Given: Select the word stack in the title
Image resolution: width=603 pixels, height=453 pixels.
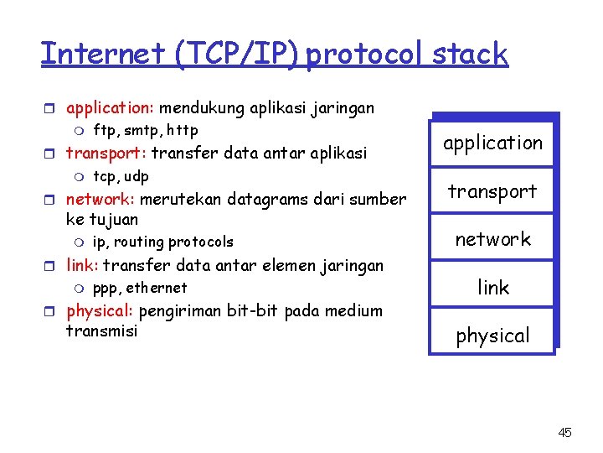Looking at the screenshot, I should click(x=470, y=54).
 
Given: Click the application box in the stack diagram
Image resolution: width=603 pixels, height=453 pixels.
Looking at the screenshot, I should click(x=492, y=143).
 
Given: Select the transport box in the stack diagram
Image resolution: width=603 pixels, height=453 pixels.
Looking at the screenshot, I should click(x=492, y=191).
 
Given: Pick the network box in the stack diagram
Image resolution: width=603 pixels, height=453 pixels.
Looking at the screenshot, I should click(x=492, y=239).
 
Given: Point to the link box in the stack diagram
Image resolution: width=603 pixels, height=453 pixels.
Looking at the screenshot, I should click(x=492, y=288).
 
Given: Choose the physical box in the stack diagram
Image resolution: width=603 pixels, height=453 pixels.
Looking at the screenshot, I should click(x=492, y=336).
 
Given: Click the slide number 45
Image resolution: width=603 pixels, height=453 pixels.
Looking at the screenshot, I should click(x=564, y=433).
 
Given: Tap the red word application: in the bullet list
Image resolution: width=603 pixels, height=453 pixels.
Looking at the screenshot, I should click(x=111, y=108).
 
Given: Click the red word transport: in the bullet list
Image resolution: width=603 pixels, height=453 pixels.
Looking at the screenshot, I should click(x=106, y=154).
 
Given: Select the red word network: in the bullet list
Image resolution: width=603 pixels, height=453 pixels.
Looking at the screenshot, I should click(x=100, y=200).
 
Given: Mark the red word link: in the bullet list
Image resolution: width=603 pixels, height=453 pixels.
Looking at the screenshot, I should click(x=82, y=266).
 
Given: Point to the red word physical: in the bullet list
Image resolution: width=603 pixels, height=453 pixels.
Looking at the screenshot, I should click(x=100, y=311).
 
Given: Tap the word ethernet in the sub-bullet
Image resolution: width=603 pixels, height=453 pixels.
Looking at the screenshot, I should click(x=157, y=288).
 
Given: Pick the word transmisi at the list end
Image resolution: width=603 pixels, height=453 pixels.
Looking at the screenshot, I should click(x=101, y=331).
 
